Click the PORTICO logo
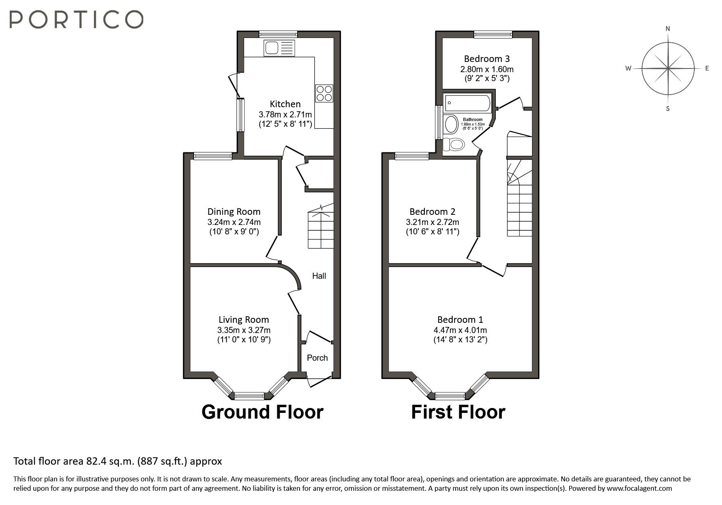pos(76,20)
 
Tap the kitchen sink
pos(279,48)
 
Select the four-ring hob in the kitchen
pos(324,93)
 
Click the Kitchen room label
pos(285,104)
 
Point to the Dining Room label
pos(234,212)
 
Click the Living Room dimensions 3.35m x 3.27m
pos(244,330)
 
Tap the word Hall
pos(319,276)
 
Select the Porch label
pos(317,358)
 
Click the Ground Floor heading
pos(263,412)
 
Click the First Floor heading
pos(458,412)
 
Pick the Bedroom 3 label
pos(487,59)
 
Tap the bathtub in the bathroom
pos(468,104)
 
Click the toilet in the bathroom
pos(454,144)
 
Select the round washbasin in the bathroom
pos(451,124)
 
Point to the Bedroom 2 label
pos(433,212)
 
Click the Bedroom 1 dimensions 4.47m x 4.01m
pos(460,330)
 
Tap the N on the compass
pos(668,29)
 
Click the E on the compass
pos(707,68)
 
